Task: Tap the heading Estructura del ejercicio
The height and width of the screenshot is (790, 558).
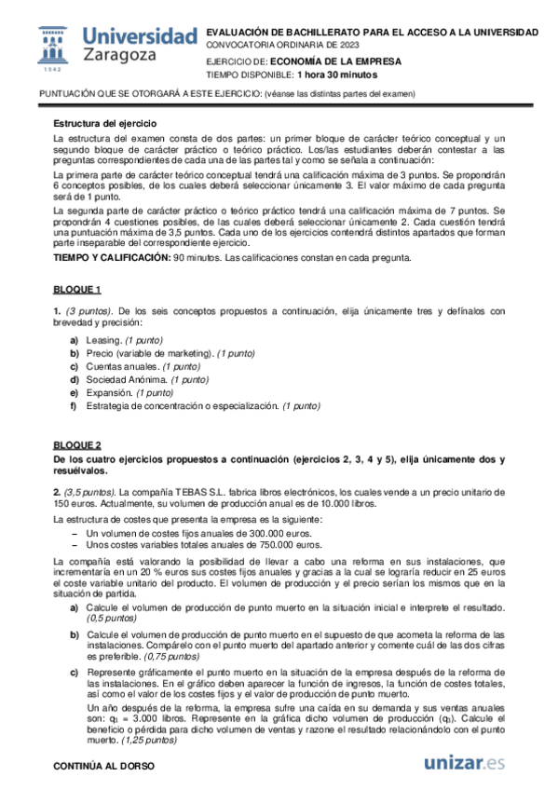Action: (104, 123)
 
